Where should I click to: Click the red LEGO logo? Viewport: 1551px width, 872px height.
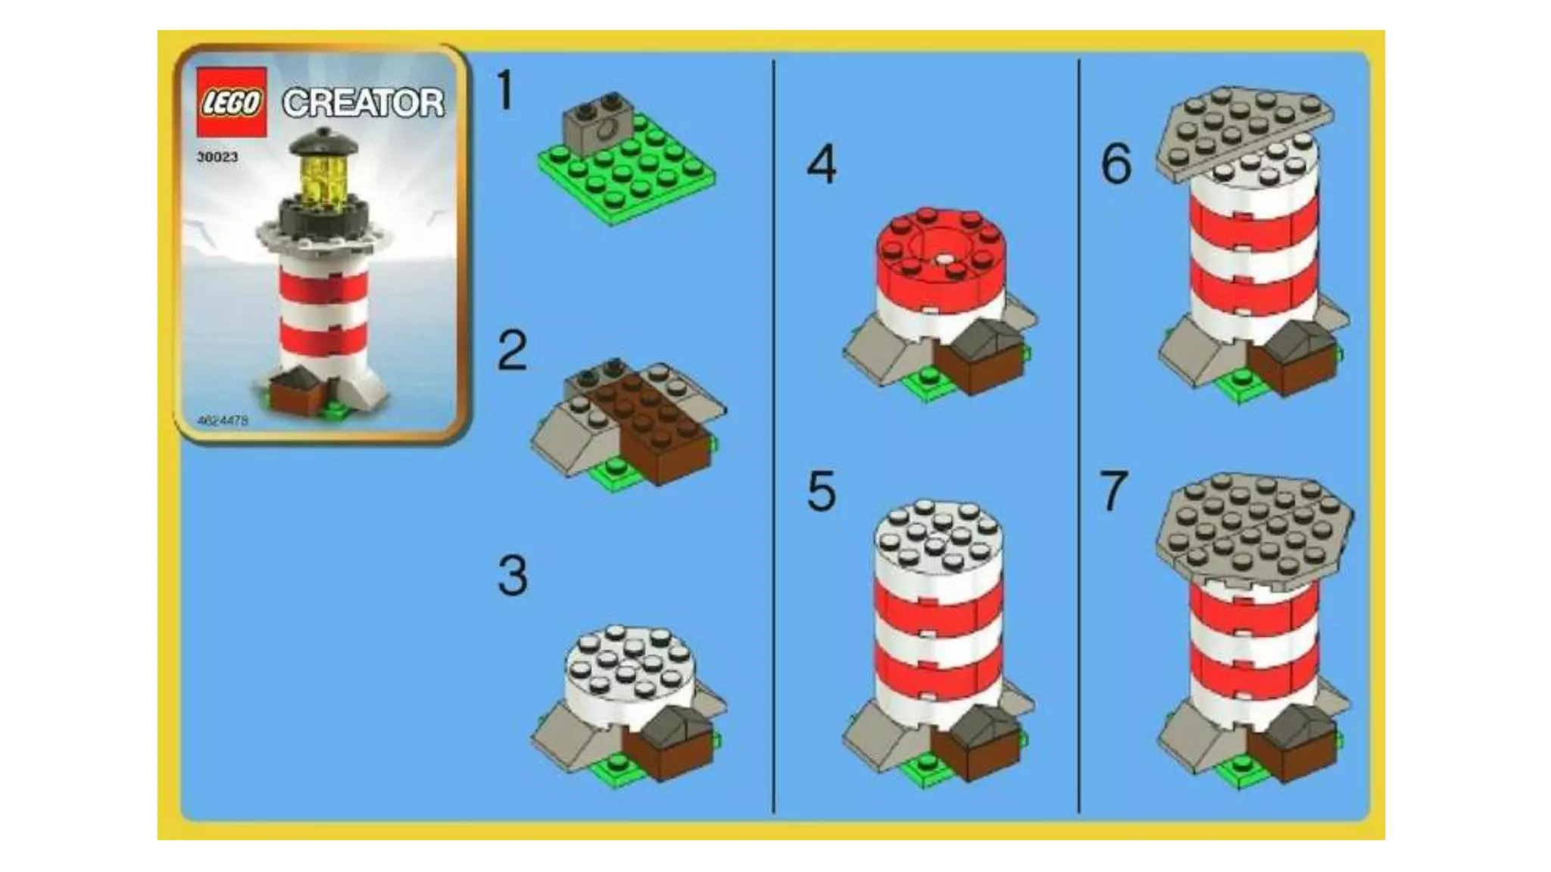[232, 102]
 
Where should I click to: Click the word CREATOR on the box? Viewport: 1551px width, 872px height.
[364, 103]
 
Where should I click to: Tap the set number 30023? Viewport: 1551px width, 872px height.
[217, 157]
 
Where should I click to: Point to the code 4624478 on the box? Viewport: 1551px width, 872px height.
[222, 420]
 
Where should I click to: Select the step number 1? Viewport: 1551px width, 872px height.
[505, 91]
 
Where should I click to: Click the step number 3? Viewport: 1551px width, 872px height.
[513, 575]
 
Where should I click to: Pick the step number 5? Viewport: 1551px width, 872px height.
[822, 491]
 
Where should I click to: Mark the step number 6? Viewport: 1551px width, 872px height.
[1116, 163]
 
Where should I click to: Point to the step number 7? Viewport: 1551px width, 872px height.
[1114, 491]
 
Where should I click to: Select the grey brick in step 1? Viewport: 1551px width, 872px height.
[596, 121]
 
